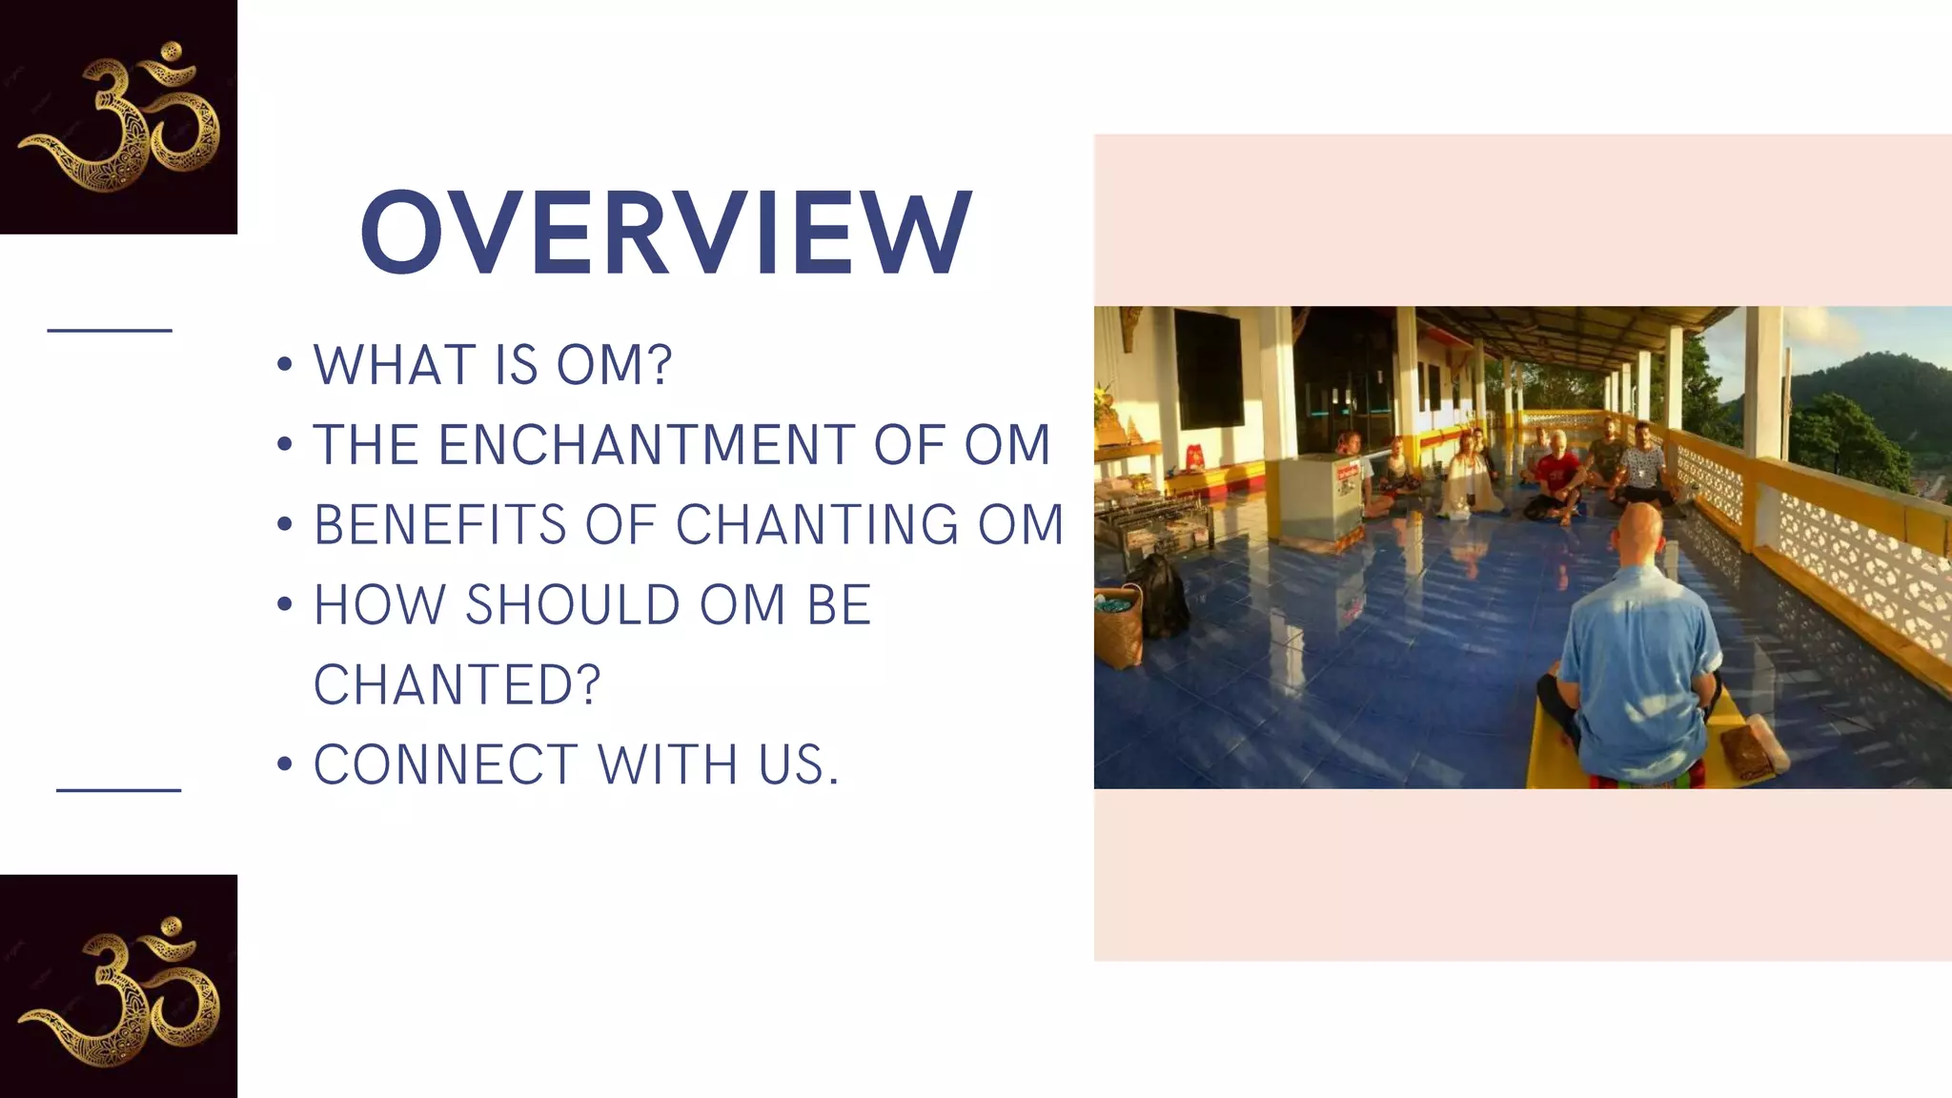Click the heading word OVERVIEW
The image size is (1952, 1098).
pyautogui.click(x=665, y=233)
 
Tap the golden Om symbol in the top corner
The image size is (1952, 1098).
pyautogui.click(x=119, y=116)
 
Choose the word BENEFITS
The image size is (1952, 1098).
pyautogui.click(x=439, y=525)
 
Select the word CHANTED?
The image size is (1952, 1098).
pyautogui.click(x=457, y=685)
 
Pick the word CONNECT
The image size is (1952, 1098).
pyautogui.click(x=445, y=765)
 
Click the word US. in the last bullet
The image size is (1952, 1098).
pyautogui.click(x=799, y=765)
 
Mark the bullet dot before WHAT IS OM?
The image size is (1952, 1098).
pyautogui.click(x=284, y=366)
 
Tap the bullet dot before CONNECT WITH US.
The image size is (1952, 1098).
pyautogui.click(x=284, y=765)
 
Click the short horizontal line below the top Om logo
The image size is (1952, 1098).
pyautogui.click(x=110, y=331)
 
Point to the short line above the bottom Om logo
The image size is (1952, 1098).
pyautogui.click(x=119, y=790)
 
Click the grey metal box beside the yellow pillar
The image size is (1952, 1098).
pyautogui.click(x=1319, y=496)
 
